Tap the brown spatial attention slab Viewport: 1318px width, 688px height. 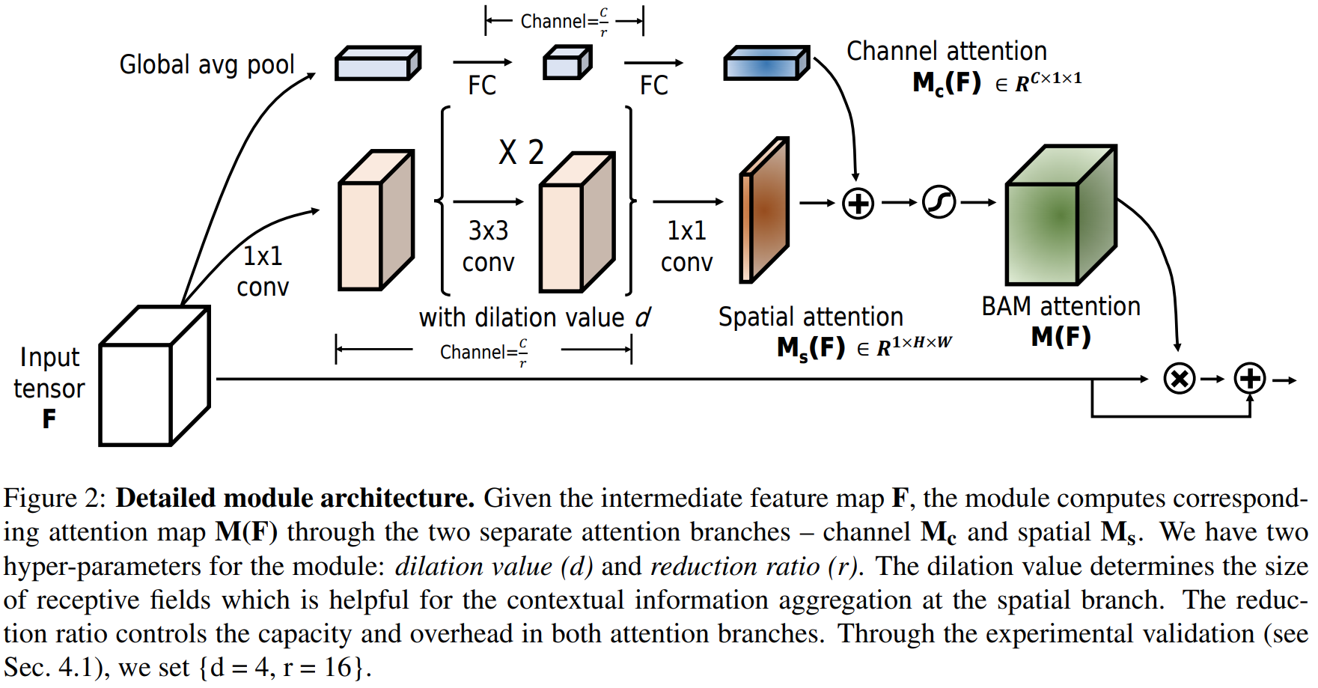coord(764,210)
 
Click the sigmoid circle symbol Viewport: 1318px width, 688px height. coord(939,203)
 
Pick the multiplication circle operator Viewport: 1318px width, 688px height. coord(1180,379)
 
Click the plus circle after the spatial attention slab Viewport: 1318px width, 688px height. coord(858,203)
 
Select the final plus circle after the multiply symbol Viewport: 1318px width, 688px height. coord(1250,379)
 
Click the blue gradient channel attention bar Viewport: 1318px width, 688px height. coord(766,64)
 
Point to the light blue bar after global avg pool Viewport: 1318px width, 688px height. coord(377,64)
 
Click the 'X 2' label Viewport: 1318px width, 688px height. coord(521,153)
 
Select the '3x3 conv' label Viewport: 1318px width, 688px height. coord(488,246)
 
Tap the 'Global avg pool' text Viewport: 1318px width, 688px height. coord(207,64)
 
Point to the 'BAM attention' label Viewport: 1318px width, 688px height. coord(1061,307)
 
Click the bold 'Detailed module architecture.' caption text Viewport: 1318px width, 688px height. coord(295,499)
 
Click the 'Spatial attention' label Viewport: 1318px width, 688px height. coord(811,317)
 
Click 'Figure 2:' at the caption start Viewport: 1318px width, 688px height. coord(55,499)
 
